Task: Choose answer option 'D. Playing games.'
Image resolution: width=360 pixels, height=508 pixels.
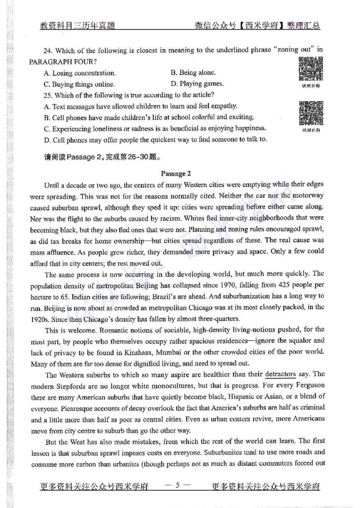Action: tap(197, 84)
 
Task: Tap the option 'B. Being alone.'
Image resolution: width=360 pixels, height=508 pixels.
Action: tap(193, 72)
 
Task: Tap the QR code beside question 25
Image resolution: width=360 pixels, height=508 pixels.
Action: tap(311, 113)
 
